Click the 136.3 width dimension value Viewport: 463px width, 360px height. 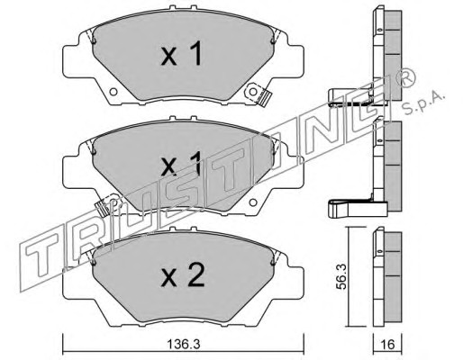[x=183, y=345]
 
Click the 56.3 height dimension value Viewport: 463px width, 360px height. [x=341, y=276]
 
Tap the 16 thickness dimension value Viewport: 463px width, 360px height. [x=387, y=345]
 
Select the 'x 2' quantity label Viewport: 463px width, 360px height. [x=183, y=274]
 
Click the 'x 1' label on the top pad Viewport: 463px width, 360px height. [x=181, y=54]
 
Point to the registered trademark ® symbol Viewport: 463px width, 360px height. [x=407, y=78]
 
